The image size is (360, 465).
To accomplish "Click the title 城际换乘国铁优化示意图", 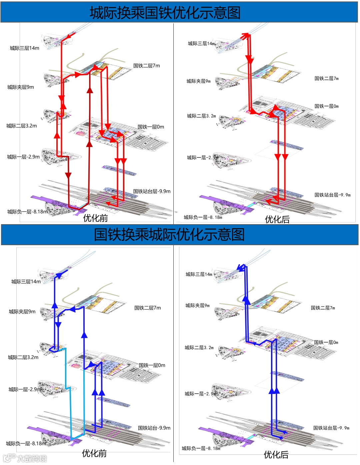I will click(x=165, y=13).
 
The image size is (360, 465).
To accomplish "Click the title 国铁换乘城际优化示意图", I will click(x=169, y=234).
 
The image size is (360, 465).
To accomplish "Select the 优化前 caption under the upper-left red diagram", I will click(x=95, y=218).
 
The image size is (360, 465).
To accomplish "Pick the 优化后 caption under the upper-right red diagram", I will click(x=277, y=219).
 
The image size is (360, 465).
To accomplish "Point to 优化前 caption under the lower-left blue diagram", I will click(x=94, y=453).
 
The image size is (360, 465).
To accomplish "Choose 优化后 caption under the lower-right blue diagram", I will click(x=276, y=454).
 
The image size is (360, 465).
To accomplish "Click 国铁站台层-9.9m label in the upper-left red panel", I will click(x=152, y=191).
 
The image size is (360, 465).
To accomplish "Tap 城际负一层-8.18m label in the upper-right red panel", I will click(x=203, y=217).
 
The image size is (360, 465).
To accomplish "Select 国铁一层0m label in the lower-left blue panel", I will click(x=152, y=365).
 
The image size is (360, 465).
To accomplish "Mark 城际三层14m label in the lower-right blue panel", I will click(x=199, y=274).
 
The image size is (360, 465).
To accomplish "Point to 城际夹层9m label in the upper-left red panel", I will click(x=21, y=87).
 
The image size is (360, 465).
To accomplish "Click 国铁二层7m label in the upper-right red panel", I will click(x=326, y=78).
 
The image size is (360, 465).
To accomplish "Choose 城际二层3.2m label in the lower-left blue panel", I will click(x=23, y=357).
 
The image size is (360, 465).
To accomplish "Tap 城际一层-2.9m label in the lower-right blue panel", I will click(x=200, y=394).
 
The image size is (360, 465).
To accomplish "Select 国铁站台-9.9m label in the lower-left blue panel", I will click(x=154, y=428).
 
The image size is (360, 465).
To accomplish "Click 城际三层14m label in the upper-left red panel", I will click(x=24, y=48).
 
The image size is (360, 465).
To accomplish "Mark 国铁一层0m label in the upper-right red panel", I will click(x=326, y=106).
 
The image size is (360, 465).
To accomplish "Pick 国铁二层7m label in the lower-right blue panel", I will click(x=323, y=308).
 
